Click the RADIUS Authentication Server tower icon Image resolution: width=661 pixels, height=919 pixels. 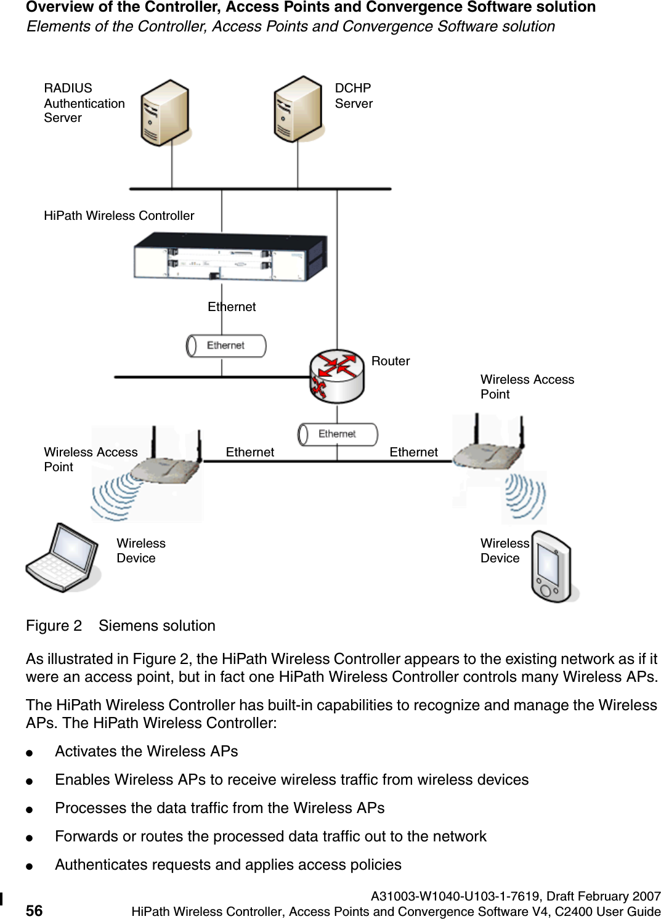(164, 113)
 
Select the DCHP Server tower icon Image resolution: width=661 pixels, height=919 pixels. (298, 109)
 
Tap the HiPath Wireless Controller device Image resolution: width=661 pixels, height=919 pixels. (230, 257)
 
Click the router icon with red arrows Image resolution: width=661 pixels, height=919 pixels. (337, 376)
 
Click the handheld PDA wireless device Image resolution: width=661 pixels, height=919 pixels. (551, 567)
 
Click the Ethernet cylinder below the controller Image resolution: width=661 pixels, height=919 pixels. (226, 346)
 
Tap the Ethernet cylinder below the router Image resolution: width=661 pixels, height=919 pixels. (338, 434)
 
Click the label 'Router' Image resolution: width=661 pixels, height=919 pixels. (391, 361)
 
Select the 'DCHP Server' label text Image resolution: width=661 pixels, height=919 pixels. (354, 95)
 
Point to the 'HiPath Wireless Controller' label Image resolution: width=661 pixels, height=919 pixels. (119, 216)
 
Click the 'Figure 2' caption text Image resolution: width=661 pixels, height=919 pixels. (54, 626)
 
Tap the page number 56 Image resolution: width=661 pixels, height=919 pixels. (34, 911)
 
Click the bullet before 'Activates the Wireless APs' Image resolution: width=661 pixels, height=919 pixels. (29, 753)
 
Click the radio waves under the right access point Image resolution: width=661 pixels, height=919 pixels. (525, 496)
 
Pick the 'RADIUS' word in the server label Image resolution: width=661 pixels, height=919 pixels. (68, 88)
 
